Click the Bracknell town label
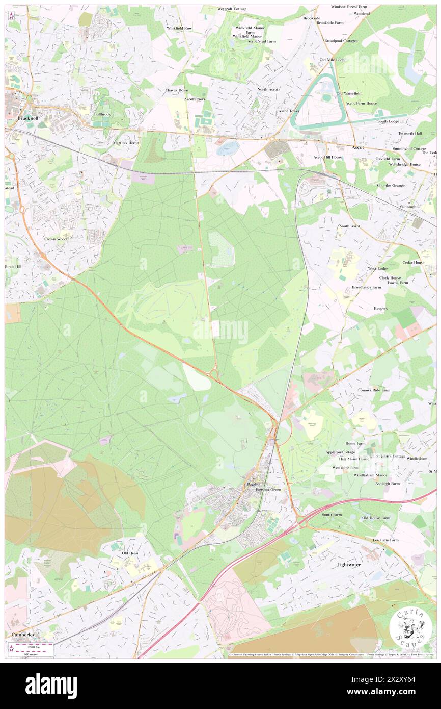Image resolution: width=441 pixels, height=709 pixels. pos(28,118)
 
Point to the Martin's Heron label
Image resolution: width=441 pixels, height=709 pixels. pos(126,143)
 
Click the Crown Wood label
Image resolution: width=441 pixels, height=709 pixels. pos(56,239)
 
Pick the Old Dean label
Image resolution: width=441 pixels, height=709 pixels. pos(130,553)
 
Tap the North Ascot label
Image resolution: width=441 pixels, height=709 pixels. pos(268,89)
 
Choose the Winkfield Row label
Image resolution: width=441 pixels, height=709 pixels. pos(179,28)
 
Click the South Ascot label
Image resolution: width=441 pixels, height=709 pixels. pos(350,226)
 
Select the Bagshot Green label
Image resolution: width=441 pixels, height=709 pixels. pos(268,490)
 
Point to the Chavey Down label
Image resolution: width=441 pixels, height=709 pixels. pos(177,90)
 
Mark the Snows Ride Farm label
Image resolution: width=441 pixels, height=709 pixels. pos(375,390)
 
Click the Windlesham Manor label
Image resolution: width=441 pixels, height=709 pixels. pos(371,475)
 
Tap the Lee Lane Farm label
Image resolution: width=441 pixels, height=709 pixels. pos(385,540)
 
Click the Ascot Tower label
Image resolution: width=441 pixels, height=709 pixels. pos(289,111)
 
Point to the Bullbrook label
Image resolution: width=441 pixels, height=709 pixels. pos(102,114)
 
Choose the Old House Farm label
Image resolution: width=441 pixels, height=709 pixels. pos(376,518)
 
